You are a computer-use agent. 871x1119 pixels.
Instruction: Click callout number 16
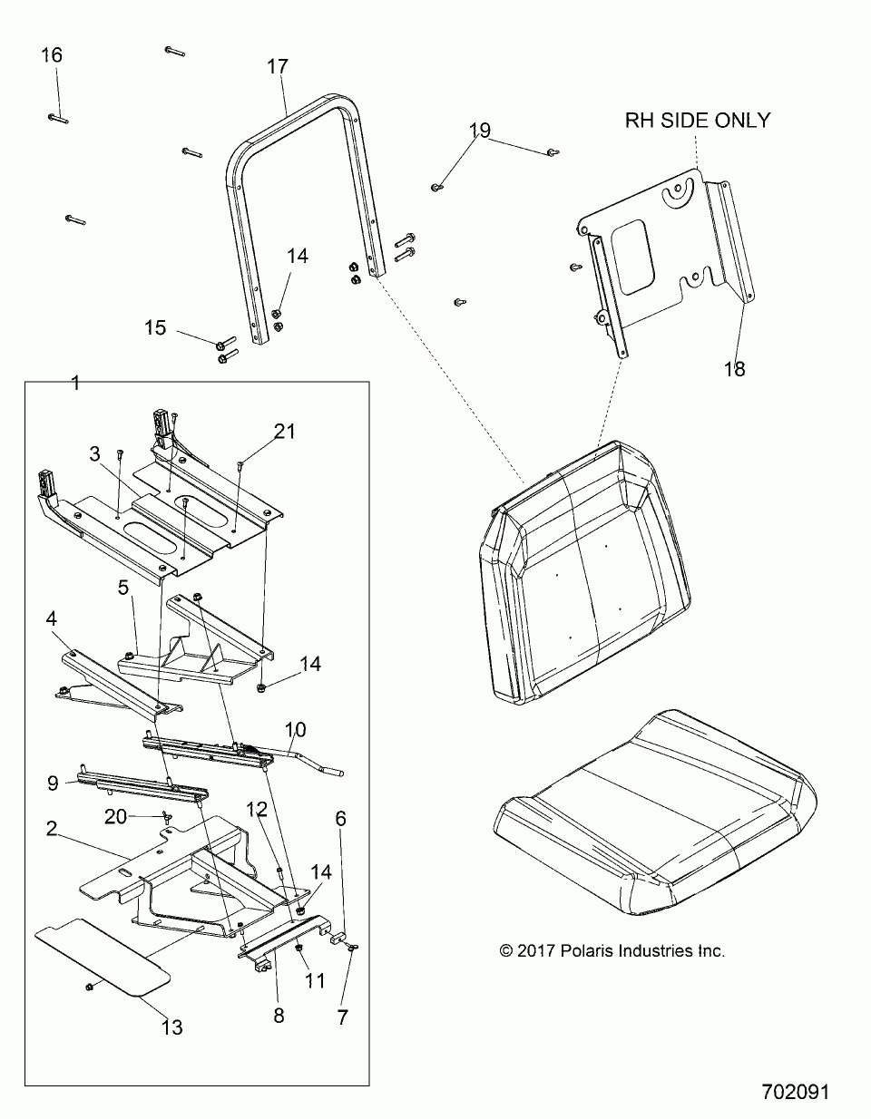52,55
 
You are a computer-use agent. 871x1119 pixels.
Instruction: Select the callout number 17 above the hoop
277,66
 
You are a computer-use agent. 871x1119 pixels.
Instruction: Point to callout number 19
479,130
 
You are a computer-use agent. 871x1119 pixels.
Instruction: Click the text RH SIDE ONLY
697,120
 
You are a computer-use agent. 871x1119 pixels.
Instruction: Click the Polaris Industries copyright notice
612,951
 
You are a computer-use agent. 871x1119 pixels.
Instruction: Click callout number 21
285,432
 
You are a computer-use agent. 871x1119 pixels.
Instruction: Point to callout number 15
155,327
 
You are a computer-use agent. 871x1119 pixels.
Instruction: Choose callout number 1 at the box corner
75,384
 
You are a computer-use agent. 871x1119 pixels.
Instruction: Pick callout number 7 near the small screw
342,1017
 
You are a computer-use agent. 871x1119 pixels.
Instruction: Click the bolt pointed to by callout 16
56,117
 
